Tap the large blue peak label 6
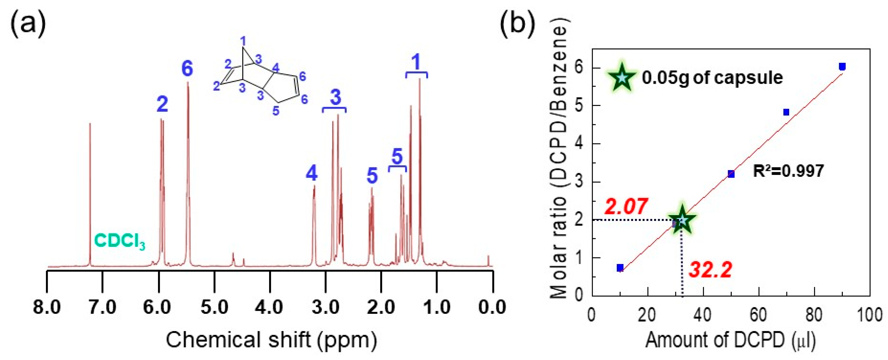[187, 68]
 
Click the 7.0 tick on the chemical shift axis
[102, 307]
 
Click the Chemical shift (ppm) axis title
[271, 340]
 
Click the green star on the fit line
[682, 220]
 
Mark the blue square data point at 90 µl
[842, 66]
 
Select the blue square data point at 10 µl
[620, 268]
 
